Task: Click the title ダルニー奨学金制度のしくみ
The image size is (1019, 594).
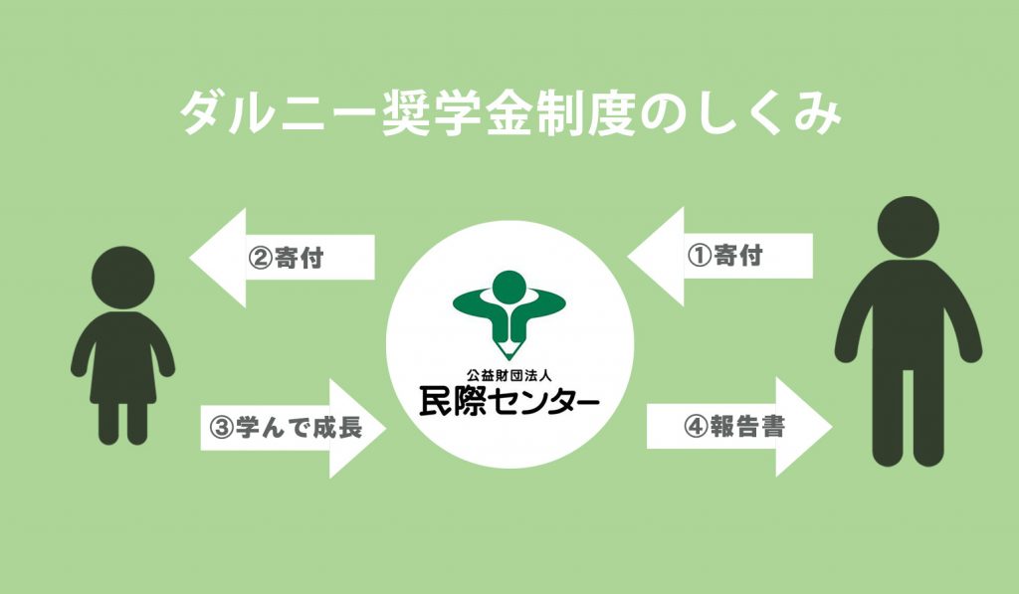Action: pos(510,113)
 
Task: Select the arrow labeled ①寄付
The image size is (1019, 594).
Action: pos(720,256)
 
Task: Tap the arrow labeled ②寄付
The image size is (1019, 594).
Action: pos(282,258)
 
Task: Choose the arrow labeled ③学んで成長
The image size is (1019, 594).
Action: pos(294,428)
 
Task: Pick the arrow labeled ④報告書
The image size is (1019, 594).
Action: pos(739,426)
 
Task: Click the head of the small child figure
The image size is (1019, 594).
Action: pos(122,278)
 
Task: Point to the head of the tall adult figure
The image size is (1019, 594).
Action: pos(908,227)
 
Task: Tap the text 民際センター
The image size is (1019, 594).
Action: pos(509,402)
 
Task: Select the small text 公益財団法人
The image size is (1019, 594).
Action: pos(509,375)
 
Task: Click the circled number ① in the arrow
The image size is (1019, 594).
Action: pos(700,256)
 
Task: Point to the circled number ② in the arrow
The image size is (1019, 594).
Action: pos(260,258)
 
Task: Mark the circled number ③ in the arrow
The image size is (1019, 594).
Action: pos(221,428)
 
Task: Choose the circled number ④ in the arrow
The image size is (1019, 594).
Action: pos(696,426)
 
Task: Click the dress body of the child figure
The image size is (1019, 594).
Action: pos(122,357)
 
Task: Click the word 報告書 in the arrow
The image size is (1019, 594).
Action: pos(747,426)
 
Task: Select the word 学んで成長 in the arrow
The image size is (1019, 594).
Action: pos(299,428)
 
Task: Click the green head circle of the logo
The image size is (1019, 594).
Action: pos(509,287)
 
